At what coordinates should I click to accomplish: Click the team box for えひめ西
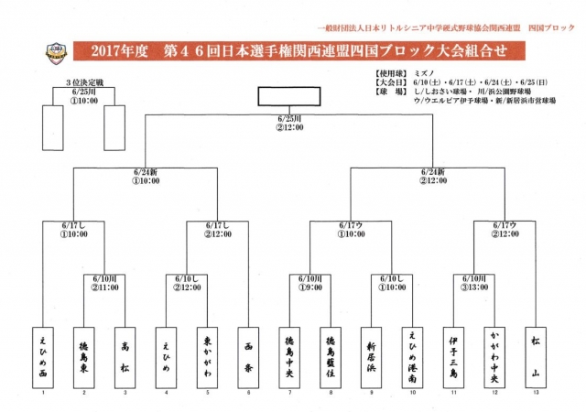click(x=43, y=353)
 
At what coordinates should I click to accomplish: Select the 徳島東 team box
click(x=83, y=353)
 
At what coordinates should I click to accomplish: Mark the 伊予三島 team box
click(x=453, y=353)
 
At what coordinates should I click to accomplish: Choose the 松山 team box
click(x=535, y=353)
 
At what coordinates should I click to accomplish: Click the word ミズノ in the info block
click(x=423, y=72)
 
